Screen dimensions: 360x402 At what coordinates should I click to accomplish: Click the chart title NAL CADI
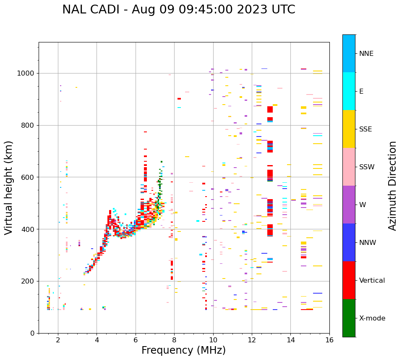click(x=178, y=10)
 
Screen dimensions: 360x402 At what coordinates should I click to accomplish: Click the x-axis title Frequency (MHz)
click(x=183, y=350)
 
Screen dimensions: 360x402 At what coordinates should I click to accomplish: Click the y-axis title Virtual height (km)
click(x=9, y=187)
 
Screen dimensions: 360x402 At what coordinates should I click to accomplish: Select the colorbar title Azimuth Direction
click(x=392, y=186)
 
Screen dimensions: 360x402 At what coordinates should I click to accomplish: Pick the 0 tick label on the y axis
click(x=33, y=333)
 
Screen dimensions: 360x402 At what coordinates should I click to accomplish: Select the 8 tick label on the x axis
click(x=174, y=340)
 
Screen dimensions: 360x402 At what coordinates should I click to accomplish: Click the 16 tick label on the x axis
click(x=329, y=340)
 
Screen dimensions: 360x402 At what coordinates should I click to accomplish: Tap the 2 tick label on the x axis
click(x=58, y=340)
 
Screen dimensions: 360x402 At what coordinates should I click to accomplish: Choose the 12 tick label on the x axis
click(x=252, y=340)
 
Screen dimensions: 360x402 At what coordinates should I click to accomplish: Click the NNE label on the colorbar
click(x=366, y=54)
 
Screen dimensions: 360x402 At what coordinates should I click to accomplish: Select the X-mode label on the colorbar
click(x=372, y=318)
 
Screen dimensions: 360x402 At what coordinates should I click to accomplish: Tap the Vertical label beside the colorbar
click(x=372, y=281)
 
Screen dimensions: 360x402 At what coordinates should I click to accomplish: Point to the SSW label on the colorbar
click(x=367, y=167)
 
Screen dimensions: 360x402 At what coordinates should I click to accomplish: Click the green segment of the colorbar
click(x=349, y=318)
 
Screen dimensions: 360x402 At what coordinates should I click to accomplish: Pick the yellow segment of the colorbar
click(x=349, y=129)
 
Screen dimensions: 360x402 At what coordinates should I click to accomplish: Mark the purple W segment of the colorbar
click(x=349, y=205)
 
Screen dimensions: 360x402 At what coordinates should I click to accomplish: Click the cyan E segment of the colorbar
click(x=349, y=91)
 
